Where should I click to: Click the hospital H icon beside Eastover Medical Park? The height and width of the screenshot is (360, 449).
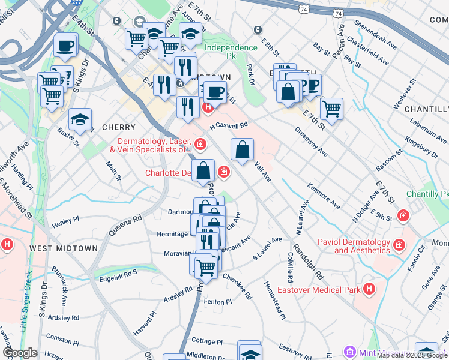[369, 289]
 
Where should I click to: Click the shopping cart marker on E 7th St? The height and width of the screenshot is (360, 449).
[331, 109]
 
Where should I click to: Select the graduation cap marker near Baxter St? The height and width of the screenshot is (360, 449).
[80, 119]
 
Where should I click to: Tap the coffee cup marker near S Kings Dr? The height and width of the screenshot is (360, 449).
[65, 45]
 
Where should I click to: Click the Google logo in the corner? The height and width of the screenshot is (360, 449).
[20, 353]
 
